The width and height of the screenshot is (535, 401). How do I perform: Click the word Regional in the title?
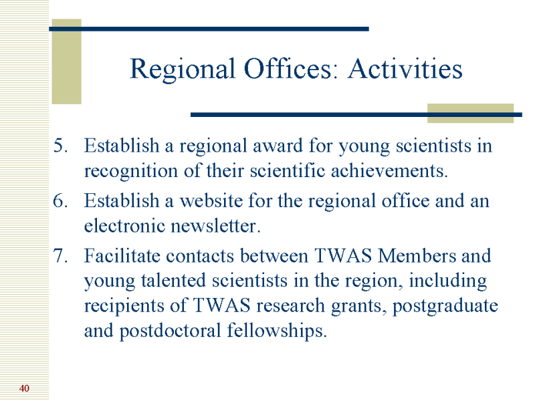point(183,70)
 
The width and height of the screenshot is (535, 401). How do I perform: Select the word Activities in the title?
point(405,69)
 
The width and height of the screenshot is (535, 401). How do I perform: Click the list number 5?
point(61,146)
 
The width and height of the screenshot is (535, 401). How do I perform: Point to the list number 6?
point(61,200)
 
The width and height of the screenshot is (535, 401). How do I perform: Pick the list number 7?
point(61,256)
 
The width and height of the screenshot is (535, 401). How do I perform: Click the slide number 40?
point(24,388)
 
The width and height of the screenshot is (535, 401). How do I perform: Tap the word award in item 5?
point(278,146)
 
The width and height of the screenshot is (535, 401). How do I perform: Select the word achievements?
point(389,170)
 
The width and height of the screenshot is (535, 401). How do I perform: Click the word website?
point(211,200)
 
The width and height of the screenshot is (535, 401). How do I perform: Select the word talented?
point(173,281)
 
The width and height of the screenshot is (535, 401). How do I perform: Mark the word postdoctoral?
point(171,331)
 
